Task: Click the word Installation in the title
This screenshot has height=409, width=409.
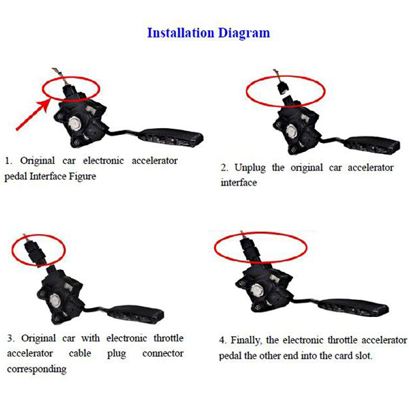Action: coord(181,33)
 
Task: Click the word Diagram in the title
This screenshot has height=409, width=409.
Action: coord(244,33)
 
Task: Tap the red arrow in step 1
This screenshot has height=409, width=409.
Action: coord(33,115)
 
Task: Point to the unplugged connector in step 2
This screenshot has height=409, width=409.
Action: coord(282,87)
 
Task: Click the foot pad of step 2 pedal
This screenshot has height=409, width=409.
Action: coord(374,145)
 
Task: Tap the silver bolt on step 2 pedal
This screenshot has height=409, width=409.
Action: coord(291,130)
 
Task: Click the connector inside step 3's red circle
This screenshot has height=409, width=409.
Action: coord(34,252)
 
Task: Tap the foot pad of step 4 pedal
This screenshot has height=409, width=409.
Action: coord(355,308)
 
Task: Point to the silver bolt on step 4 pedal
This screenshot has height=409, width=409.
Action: coord(258,290)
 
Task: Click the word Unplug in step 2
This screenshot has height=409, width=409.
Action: coord(249,168)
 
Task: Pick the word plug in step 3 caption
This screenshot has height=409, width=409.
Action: coord(117,354)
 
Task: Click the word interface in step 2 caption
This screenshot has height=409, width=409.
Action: coord(239,182)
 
